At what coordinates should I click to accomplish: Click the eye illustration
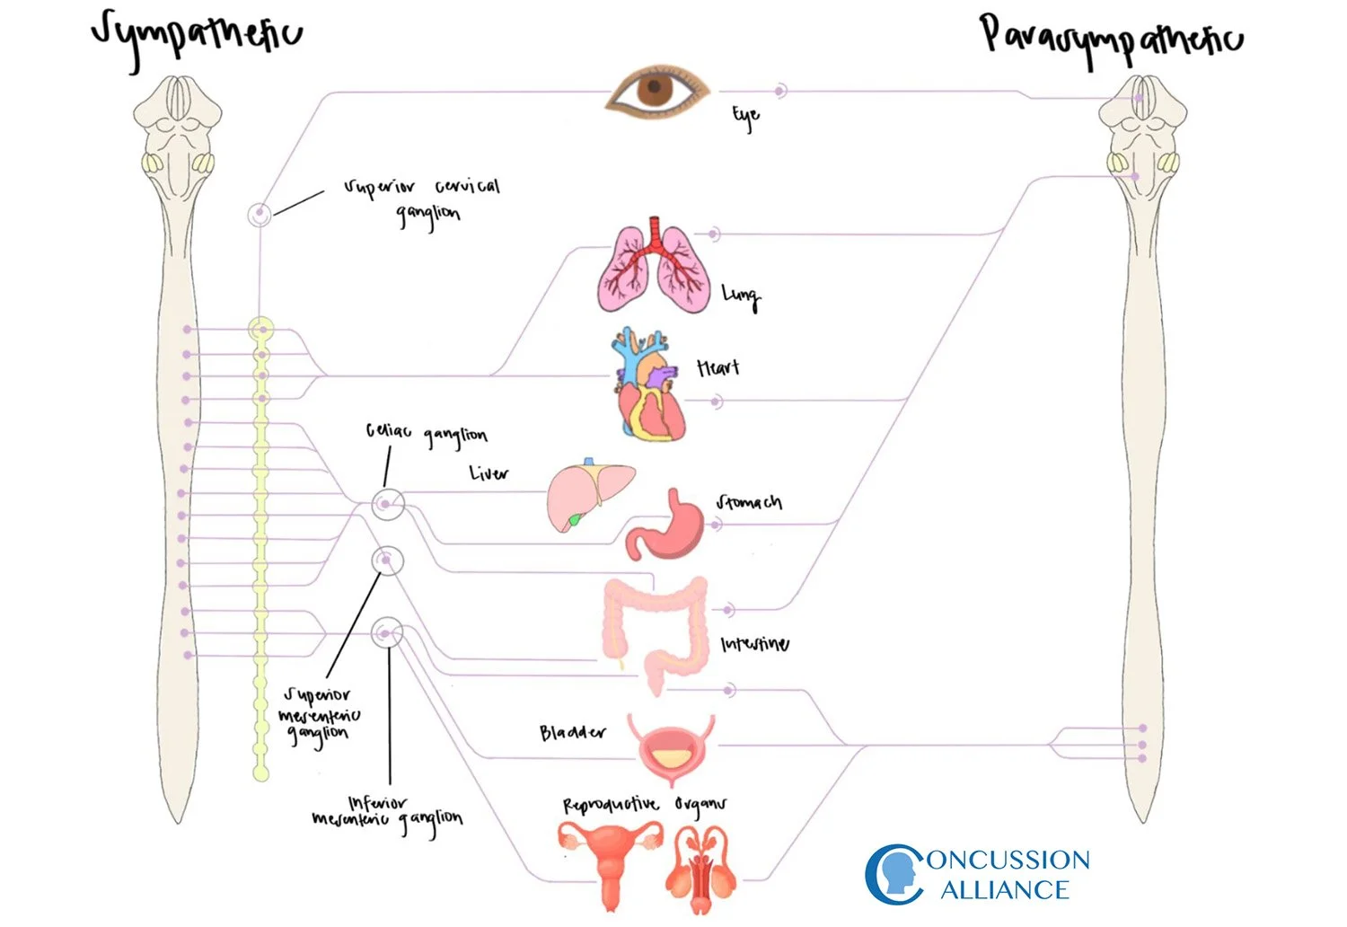[656, 90]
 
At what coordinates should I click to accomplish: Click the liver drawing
[588, 494]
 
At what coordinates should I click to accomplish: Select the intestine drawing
[656, 629]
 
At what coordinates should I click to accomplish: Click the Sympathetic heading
[198, 36]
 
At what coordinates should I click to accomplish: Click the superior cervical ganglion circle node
[260, 215]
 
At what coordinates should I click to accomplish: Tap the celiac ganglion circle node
[388, 504]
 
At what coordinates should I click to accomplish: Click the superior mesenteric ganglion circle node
[388, 561]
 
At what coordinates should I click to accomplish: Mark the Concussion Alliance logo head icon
[894, 874]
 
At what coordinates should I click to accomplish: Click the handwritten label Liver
[489, 472]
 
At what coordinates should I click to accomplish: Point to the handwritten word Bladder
[572, 733]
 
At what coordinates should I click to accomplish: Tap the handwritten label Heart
[718, 367]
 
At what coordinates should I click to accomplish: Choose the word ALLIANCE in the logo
[1005, 890]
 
